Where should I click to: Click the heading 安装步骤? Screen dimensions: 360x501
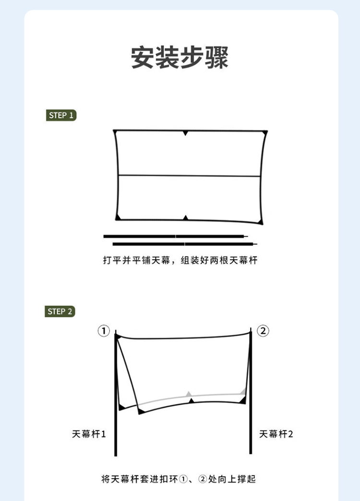[x=180, y=58]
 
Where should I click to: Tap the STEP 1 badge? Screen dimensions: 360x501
[x=61, y=115]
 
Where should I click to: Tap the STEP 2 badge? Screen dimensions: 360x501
[x=60, y=312]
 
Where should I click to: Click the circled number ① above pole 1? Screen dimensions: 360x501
[x=103, y=330]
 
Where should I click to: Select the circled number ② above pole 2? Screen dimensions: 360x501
[x=263, y=330]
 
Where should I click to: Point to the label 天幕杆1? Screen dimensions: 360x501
[x=89, y=434]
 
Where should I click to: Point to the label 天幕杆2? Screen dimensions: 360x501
[x=276, y=434]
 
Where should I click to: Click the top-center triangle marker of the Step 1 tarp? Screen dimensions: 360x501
[x=185, y=133]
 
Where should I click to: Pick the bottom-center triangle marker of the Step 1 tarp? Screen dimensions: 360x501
[x=185, y=218]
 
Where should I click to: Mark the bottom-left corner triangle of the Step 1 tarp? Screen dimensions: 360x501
[x=118, y=217]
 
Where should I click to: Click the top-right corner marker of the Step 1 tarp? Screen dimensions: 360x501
[x=264, y=132]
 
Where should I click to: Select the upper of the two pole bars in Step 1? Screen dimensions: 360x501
[x=176, y=236]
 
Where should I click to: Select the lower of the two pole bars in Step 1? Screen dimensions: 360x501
[x=185, y=244]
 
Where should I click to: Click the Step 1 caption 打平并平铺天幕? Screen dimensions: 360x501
[x=137, y=260]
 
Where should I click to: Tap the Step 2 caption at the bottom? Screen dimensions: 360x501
[x=179, y=479]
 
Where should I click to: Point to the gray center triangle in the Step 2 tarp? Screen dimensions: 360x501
[x=189, y=394]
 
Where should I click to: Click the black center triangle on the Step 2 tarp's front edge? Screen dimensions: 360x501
[x=191, y=401]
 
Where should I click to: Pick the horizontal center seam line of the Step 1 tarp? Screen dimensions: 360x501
[x=189, y=176]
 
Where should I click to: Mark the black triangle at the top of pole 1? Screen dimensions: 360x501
[x=118, y=336]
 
